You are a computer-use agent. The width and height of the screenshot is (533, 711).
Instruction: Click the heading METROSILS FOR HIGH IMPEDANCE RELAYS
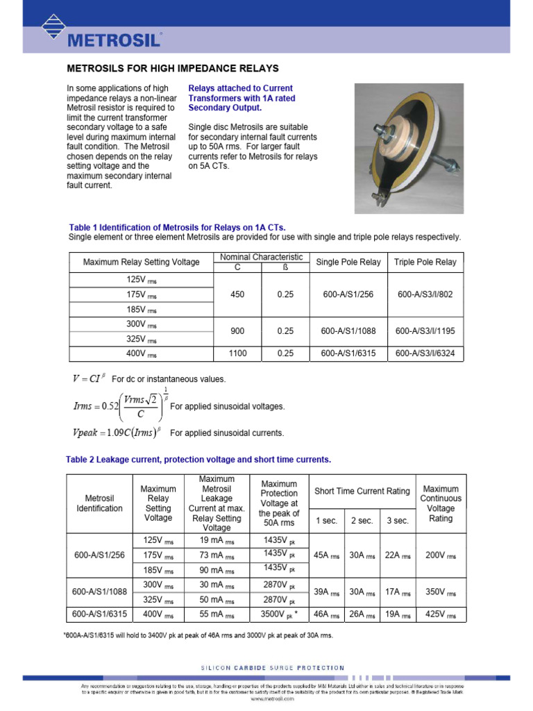[x=172, y=69]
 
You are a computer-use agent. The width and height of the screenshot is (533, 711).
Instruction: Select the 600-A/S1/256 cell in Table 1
[x=348, y=294]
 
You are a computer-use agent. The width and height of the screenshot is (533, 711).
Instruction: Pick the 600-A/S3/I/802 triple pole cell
[x=425, y=294]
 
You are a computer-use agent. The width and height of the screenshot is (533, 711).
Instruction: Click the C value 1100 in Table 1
[x=237, y=353]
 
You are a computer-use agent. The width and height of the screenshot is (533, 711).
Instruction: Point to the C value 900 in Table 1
[x=237, y=331]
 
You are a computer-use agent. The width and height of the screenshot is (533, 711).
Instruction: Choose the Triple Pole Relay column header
[x=425, y=262]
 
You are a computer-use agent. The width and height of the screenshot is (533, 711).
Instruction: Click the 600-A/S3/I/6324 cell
[x=425, y=353]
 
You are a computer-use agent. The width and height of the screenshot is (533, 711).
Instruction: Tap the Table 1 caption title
[x=177, y=228]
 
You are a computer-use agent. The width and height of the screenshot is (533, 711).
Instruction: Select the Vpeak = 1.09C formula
[x=117, y=433]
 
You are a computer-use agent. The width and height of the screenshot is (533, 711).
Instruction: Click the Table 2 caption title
[x=198, y=460]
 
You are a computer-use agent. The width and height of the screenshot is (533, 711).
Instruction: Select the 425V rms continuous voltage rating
[x=441, y=614]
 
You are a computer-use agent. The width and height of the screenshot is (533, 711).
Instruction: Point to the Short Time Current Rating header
[x=362, y=492]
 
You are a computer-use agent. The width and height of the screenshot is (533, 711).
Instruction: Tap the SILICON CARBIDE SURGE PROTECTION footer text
[x=272, y=668]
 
